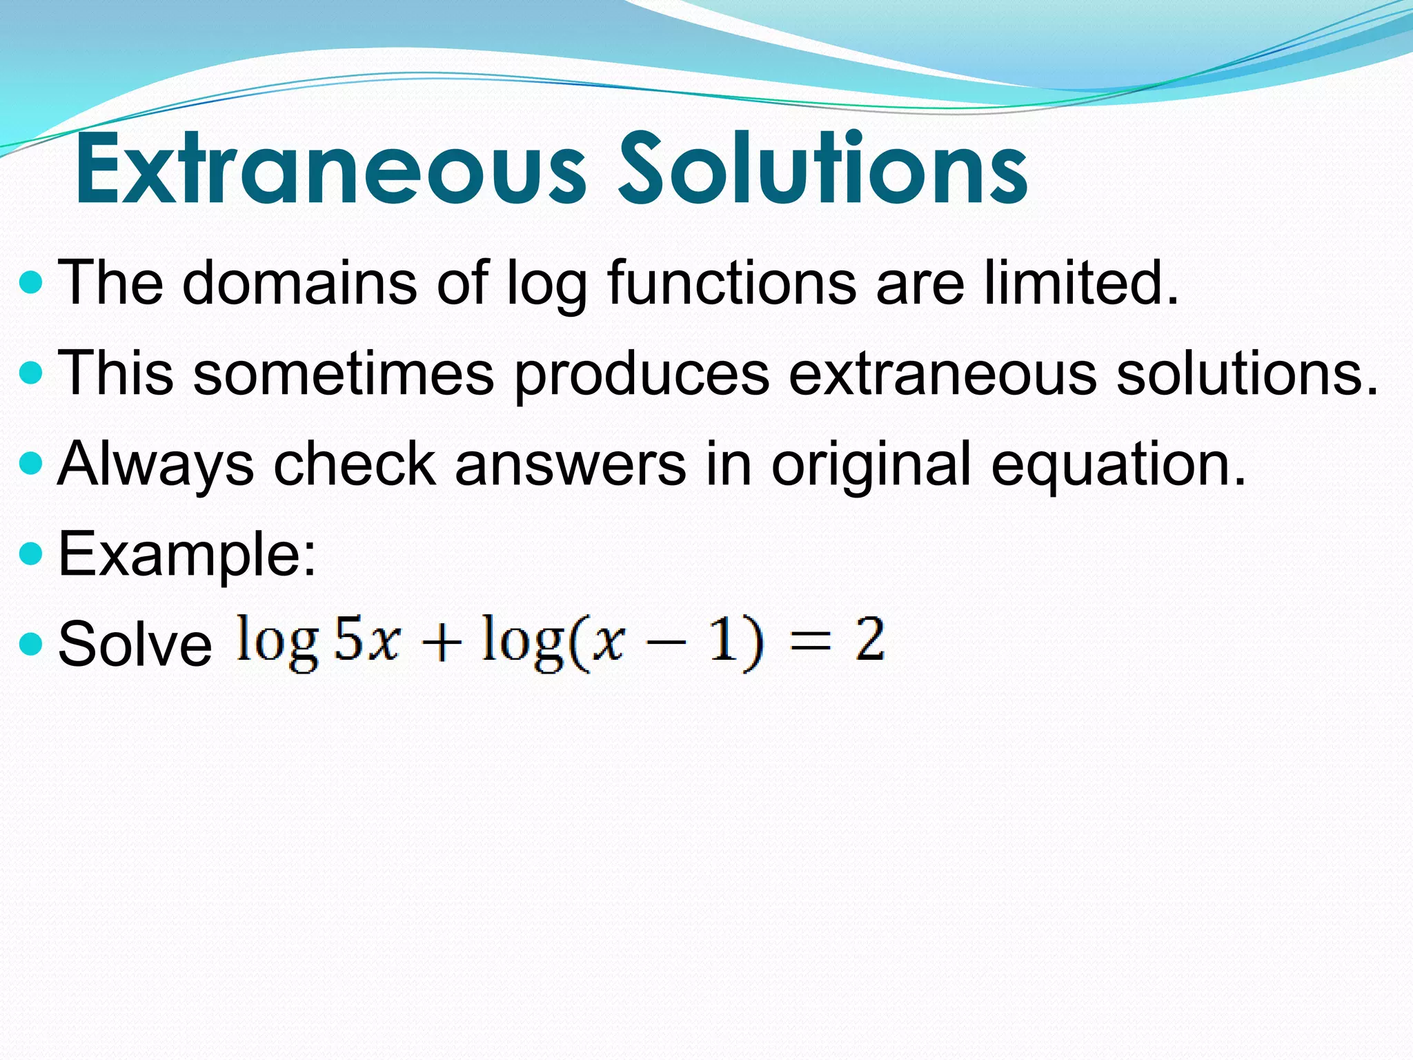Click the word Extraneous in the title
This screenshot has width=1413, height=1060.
330,169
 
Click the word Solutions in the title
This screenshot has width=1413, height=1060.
822,169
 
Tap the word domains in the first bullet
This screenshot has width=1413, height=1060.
299,283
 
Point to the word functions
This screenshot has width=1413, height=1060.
731,283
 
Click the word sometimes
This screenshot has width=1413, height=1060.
344,373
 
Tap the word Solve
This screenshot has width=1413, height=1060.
135,644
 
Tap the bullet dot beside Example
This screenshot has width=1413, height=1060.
32,553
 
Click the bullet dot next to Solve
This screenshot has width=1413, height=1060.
32,645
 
